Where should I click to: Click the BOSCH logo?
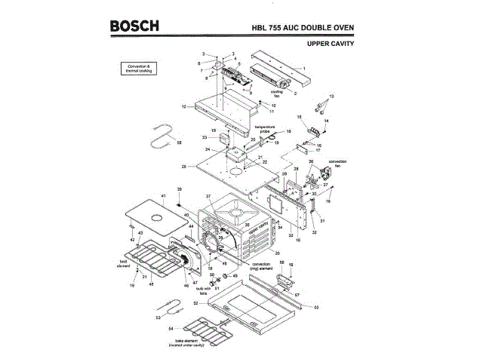pos(134,26)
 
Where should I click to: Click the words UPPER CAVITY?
pos(331,44)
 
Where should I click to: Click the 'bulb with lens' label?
pos(203,290)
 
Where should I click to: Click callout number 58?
pos(179,142)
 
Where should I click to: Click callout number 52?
pos(195,302)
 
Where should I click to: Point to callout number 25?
pos(183,166)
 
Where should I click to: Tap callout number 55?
pos(317,308)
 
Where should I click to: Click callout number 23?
pos(205,138)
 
